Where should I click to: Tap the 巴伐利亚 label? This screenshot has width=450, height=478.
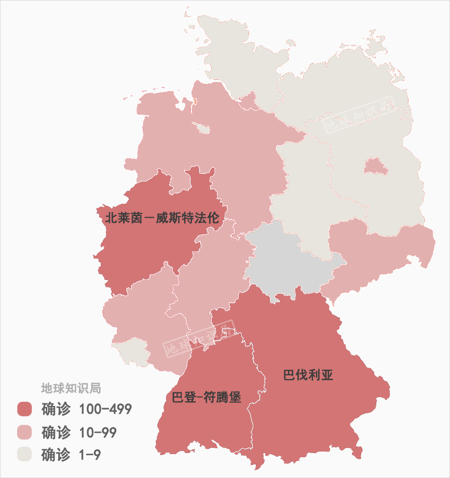308,375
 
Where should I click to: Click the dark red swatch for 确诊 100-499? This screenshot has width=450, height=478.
24,409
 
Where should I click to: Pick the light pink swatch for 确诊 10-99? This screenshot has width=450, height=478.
24,432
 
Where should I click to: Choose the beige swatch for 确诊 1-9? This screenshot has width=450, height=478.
24,455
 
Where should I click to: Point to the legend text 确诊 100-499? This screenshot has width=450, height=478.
87,409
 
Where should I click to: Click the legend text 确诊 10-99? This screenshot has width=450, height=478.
79,432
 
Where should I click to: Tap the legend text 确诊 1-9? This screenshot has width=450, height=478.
71,455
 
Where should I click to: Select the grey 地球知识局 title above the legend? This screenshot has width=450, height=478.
71,388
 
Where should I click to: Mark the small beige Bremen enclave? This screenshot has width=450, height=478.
202,128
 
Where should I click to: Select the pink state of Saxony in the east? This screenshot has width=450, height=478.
379,254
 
